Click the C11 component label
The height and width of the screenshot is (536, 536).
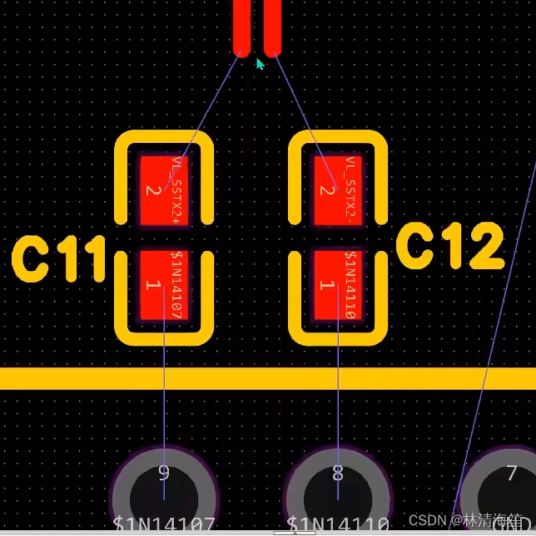tap(59, 259)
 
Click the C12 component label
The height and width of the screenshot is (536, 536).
tap(450, 248)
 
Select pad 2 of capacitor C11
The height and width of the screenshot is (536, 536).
tap(164, 190)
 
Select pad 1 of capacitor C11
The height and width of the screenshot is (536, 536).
tap(164, 285)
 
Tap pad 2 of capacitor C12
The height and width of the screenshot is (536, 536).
tap(339, 190)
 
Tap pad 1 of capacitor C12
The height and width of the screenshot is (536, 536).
tap(339, 285)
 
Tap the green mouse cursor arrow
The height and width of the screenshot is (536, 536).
tap(260, 63)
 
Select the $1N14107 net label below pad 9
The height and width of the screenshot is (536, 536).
tap(164, 525)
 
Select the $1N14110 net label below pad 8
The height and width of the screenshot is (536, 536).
tap(338, 525)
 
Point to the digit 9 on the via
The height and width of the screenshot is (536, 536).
tap(163, 475)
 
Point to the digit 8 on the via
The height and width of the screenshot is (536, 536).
tap(338, 475)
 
